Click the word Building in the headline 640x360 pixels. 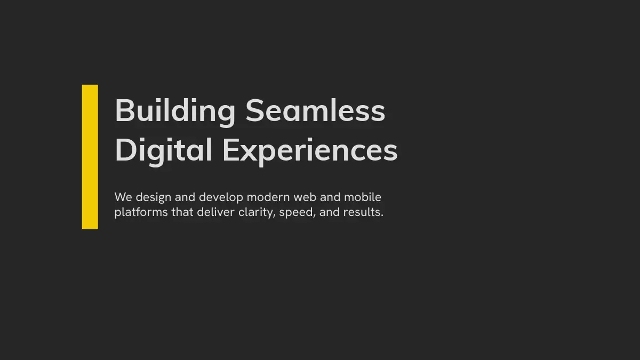(175, 111)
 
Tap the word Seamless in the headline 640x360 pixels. (315, 110)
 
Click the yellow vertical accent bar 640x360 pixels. (90, 157)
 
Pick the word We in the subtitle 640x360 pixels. (123, 197)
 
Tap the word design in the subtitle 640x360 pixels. (154, 198)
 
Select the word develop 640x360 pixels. (221, 198)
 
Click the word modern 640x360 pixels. (268, 197)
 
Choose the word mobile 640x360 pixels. (363, 197)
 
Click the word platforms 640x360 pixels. (141, 213)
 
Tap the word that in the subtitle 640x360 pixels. (182, 212)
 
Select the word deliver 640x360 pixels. (215, 212)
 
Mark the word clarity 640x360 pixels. (257, 213)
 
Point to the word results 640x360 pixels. (363, 212)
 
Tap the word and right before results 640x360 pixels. (330, 212)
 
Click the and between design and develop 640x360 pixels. (185, 197)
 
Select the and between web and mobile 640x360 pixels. (330, 197)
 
